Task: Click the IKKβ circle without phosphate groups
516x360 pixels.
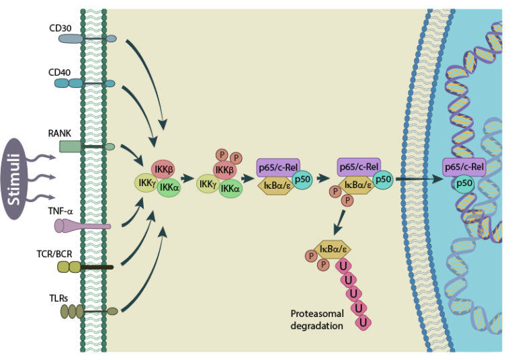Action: point(163,169)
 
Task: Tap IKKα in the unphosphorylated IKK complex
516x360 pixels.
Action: point(169,189)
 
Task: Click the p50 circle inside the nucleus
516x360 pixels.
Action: point(463,184)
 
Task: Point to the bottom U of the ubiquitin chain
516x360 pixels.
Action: point(363,323)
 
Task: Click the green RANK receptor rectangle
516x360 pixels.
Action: point(69,146)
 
